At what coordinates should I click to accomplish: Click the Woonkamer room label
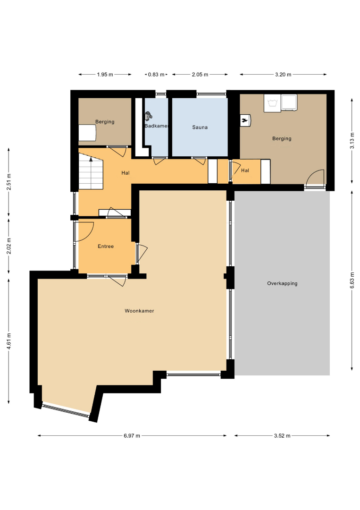click(x=139, y=311)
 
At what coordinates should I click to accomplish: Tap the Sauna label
click(x=200, y=127)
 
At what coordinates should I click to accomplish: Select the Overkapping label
click(x=282, y=284)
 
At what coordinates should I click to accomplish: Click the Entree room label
click(x=106, y=246)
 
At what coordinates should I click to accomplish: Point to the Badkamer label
click(x=156, y=126)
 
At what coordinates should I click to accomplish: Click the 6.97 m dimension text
click(x=132, y=435)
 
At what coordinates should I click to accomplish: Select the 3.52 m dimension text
click(x=282, y=435)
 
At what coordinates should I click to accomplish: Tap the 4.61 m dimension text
click(x=9, y=341)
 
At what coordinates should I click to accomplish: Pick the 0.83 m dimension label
click(x=156, y=75)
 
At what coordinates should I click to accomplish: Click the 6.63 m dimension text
click(x=352, y=280)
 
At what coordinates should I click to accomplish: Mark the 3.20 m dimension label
click(x=283, y=75)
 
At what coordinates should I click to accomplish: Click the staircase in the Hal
click(x=91, y=171)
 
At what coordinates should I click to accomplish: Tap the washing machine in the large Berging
click(x=272, y=103)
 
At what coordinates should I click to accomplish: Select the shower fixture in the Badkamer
click(x=149, y=116)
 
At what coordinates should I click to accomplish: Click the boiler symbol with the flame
click(x=245, y=120)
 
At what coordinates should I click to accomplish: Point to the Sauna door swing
click(x=199, y=161)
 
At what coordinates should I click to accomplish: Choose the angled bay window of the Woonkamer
click(x=66, y=410)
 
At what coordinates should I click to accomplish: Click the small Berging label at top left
click(x=105, y=122)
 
